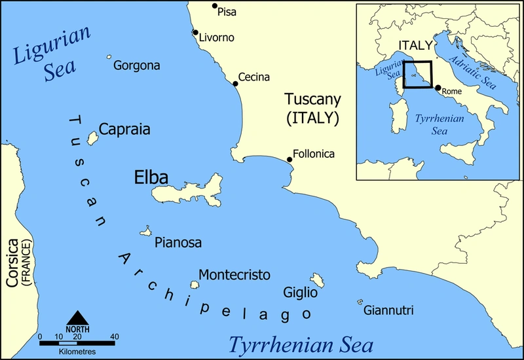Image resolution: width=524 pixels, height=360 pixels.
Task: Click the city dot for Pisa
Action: pyautogui.click(x=214, y=7)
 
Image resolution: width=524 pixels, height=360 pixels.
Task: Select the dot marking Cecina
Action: pyautogui.click(x=235, y=84)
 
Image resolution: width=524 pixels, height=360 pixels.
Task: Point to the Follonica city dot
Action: pyautogui.click(x=290, y=159)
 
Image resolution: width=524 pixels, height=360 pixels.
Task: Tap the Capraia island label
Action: pyautogui.click(x=124, y=130)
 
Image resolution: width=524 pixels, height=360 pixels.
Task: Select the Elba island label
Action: pyautogui.click(x=151, y=177)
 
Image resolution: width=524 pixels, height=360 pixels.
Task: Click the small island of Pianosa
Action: pyautogui.click(x=146, y=232)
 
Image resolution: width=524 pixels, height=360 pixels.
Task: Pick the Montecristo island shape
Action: pyautogui.click(x=195, y=285)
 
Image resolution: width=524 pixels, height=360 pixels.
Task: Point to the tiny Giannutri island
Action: pyautogui.click(x=360, y=302)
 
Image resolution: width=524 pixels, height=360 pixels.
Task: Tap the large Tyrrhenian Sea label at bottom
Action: pyautogui.click(x=301, y=345)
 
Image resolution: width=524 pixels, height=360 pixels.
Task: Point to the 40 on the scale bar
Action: pyautogui.click(x=115, y=336)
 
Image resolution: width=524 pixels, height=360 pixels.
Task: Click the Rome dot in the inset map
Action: pyautogui.click(x=438, y=88)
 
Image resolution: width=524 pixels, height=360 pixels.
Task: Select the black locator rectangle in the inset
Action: pyautogui.click(x=417, y=75)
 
